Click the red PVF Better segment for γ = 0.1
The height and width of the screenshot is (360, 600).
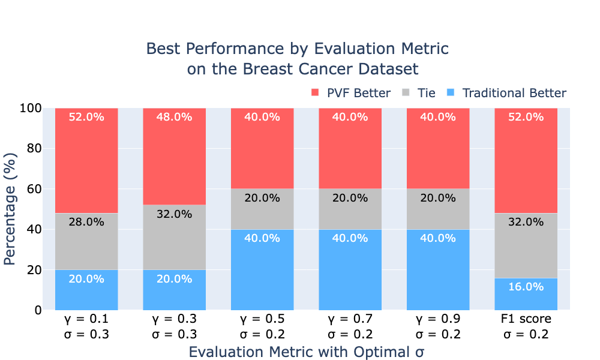point(86,160)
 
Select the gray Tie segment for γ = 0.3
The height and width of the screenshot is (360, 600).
point(174,237)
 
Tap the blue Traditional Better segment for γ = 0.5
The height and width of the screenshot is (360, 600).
point(262,270)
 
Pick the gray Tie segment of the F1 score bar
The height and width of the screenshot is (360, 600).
point(526,245)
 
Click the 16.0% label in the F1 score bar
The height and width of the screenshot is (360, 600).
point(526,287)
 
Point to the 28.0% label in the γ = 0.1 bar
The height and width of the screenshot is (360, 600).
point(86,222)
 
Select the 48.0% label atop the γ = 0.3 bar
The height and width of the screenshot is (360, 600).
point(174,116)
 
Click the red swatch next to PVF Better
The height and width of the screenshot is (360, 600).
point(315,92)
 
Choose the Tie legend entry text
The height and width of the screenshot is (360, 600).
point(426,93)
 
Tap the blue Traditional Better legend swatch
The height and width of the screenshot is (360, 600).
point(451,92)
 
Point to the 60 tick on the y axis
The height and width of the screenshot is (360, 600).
point(34,189)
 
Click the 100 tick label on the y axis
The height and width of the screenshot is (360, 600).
point(31,108)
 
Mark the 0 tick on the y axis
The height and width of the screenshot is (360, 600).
point(38,310)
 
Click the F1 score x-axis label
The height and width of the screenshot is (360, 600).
point(526,318)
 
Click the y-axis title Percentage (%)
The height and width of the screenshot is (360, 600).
point(10,209)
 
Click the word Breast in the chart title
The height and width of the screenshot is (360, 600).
point(268,69)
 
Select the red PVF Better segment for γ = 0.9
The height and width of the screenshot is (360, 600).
point(438,148)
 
